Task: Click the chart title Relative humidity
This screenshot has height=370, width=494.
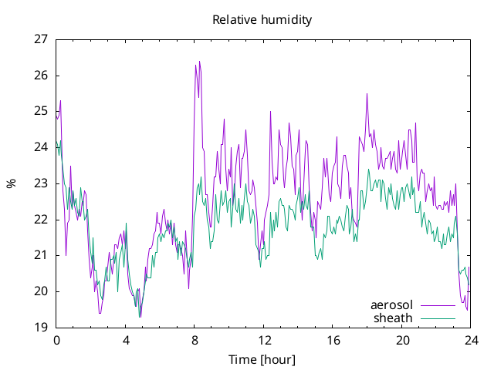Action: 262,20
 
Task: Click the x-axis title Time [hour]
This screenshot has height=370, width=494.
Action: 262,360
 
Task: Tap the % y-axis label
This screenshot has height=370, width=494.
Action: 12,183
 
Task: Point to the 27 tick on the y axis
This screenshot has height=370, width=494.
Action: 41,39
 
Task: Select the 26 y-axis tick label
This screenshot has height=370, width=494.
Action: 41,76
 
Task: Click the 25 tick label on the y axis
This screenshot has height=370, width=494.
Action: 41,111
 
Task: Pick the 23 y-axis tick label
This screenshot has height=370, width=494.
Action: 41,183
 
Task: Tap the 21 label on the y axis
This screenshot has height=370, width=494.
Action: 41,255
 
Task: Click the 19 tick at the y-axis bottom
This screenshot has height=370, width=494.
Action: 41,327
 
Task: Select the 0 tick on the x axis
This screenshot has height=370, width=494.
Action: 56,341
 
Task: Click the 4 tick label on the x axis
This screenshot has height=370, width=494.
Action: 126,341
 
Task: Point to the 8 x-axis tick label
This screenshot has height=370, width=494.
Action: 195,341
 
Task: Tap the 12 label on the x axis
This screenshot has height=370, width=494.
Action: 264,341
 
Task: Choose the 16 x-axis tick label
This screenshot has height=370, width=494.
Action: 333,341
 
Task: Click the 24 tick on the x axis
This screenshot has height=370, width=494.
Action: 471,341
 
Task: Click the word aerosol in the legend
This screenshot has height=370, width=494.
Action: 391,305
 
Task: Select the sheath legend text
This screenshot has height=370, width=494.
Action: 393,318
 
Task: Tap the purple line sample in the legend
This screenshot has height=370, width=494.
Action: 438,305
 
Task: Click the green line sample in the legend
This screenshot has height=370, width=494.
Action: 438,318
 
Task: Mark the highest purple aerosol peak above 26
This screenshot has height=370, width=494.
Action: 199,62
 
